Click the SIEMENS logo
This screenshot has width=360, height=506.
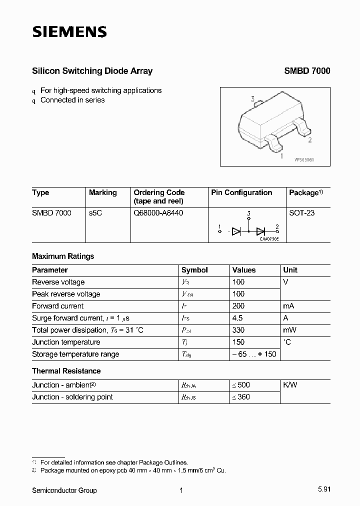(69, 32)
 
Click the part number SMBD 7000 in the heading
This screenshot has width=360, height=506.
(307, 71)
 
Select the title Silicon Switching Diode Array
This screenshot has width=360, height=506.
(92, 71)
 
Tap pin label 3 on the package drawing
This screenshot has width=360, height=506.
(253, 99)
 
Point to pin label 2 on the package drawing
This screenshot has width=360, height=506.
(310, 140)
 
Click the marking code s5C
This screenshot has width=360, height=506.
(96, 212)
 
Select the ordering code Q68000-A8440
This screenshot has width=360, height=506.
(158, 212)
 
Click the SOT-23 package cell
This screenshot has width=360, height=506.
(302, 212)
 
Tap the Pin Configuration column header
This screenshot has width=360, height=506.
(241, 192)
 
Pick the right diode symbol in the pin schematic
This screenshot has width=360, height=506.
(260, 231)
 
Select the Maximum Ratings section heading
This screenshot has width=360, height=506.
(63, 256)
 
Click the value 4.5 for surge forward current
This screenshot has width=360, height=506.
(237, 318)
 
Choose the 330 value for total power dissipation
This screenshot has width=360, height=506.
(238, 330)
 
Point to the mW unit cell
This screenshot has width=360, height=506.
(290, 330)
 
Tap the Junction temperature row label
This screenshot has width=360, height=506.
(66, 342)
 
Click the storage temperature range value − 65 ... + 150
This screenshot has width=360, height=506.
(253, 354)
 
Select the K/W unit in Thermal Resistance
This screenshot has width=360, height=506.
(290, 385)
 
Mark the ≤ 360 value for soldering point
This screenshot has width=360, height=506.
(240, 397)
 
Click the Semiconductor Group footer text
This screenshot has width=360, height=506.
(64, 490)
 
